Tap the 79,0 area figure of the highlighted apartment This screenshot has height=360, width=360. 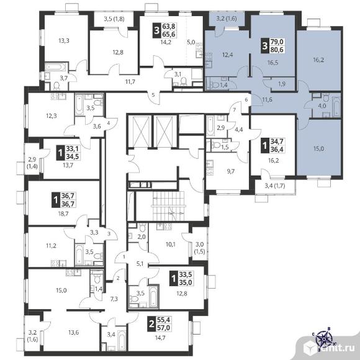click(x=277, y=42)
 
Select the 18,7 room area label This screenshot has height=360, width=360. click(x=63, y=214)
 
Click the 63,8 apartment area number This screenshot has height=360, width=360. click(x=169, y=26)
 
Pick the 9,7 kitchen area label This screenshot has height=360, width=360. click(x=230, y=171)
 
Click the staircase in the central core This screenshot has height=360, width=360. click(x=168, y=206)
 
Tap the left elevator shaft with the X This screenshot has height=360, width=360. click(x=139, y=132)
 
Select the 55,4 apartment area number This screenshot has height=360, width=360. click(x=164, y=320)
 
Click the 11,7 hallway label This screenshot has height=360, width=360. click(x=130, y=82)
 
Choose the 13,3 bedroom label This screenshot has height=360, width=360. click(x=64, y=40)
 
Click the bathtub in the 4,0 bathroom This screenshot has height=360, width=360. click(x=336, y=107)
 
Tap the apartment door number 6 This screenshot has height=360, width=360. click(x=246, y=100)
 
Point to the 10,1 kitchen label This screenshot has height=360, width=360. click(x=170, y=245)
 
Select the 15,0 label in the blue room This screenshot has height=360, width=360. click(x=318, y=148)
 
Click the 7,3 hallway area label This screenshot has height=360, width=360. click(x=114, y=299)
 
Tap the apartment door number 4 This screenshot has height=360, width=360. click(x=109, y=123)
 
